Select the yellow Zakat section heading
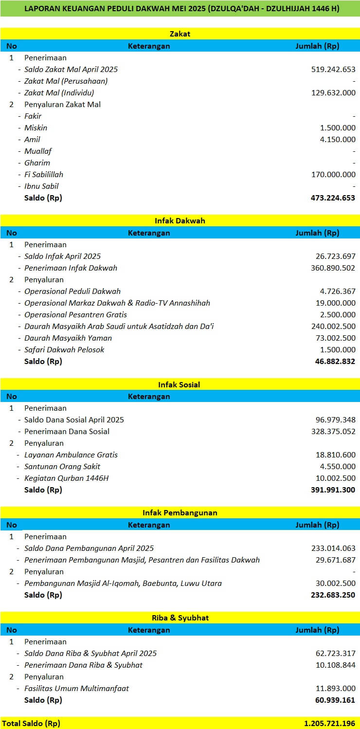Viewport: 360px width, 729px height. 180,34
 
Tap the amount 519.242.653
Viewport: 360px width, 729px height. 333,69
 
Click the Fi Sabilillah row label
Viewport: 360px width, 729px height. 44,174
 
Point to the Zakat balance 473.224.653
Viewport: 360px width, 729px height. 333,198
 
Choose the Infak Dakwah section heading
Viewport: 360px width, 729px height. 180,220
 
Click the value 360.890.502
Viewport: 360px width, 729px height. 333,268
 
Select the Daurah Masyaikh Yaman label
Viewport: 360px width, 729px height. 68,338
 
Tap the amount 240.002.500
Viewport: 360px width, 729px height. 333,326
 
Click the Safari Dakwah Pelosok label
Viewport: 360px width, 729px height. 64,349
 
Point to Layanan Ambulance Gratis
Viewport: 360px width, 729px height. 71,455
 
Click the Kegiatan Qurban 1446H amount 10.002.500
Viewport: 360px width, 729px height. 336,478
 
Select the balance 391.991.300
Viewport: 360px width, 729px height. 333,490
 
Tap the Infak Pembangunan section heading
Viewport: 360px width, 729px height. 180,512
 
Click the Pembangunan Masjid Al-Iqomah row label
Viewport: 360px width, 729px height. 123,583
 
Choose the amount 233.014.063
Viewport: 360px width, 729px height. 333,548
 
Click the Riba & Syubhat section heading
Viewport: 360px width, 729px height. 180,618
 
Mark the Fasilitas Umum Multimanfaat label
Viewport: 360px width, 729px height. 76,688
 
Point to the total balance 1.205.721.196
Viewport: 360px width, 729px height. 329,723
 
